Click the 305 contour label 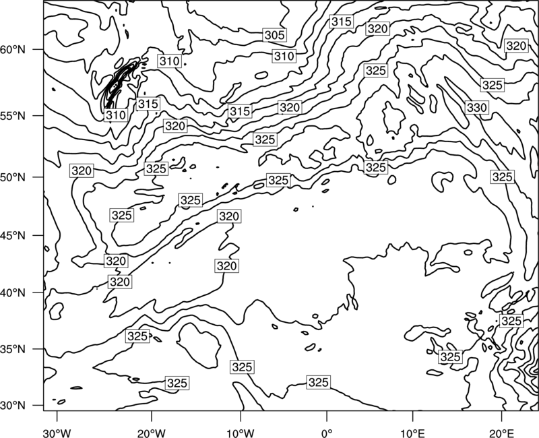click(275, 35)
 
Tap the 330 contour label click(477, 108)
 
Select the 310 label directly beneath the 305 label click(284, 56)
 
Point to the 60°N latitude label click(13, 50)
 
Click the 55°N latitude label click(13, 116)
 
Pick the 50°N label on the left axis click(13, 177)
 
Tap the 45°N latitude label click(13, 235)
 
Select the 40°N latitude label click(13, 293)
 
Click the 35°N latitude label click(13, 349)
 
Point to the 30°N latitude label click(13, 406)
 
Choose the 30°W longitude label click(57, 433)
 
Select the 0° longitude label click(327, 433)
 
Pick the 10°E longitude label click(412, 433)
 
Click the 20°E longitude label click(501, 433)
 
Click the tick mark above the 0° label click(327, 415)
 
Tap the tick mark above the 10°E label click(412, 415)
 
